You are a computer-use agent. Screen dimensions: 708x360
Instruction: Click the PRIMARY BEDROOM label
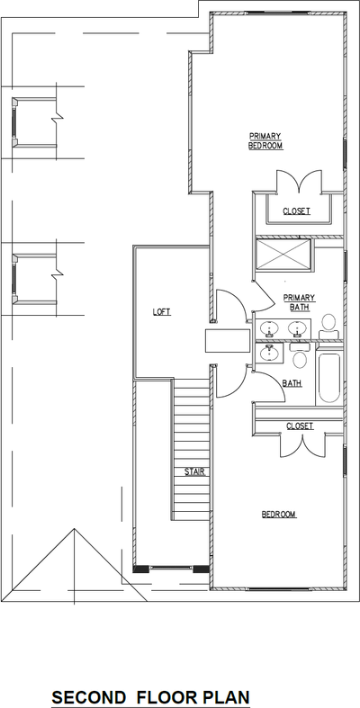click(265, 141)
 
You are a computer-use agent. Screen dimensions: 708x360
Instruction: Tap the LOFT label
click(161, 312)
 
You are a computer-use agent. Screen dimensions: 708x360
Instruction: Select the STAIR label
click(193, 471)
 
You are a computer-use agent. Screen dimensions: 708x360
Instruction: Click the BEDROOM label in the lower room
click(279, 515)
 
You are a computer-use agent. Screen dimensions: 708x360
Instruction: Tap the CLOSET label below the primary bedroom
click(296, 211)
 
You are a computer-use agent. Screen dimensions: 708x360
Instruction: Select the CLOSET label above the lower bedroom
click(300, 426)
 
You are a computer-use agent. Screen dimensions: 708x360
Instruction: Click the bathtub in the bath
click(328, 379)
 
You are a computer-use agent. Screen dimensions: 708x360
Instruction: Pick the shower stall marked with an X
click(283, 255)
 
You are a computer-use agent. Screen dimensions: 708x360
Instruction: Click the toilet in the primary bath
click(328, 326)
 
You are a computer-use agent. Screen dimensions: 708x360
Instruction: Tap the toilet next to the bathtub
click(301, 359)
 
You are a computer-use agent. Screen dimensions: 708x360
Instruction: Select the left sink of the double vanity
click(267, 330)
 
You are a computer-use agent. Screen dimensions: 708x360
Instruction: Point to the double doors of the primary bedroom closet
click(296, 184)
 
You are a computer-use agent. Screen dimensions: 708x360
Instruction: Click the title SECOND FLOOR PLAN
click(150, 697)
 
